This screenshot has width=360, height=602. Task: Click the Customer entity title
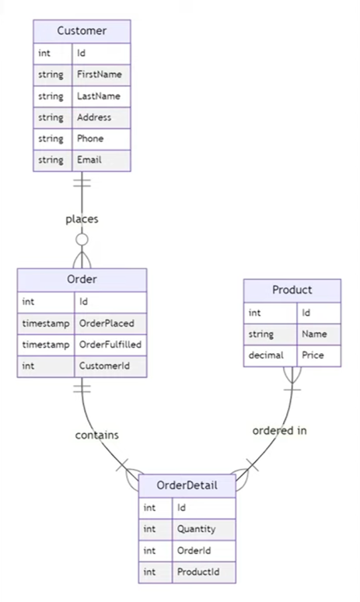click(82, 30)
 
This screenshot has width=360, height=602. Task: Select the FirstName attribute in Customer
click(100, 74)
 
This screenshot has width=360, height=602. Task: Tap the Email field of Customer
click(89, 159)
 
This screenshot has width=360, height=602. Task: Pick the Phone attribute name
click(90, 138)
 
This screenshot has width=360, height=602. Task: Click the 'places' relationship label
click(82, 219)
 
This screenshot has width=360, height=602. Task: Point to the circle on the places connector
click(82, 240)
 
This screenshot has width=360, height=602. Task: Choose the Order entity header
click(82, 279)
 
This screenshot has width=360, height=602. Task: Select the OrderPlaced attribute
click(107, 324)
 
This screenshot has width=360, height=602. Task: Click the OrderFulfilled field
click(110, 345)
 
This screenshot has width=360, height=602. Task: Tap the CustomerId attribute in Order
click(104, 366)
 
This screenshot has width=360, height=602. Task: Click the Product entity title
click(292, 290)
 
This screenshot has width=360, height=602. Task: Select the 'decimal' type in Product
click(266, 355)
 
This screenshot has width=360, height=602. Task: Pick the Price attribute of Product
click(313, 355)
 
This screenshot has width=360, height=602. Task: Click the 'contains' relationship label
click(96, 435)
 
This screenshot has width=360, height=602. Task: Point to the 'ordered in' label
click(279, 430)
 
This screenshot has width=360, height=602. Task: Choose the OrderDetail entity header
click(187, 485)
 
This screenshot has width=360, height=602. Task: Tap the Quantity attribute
click(196, 529)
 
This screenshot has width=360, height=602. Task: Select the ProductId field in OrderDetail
click(198, 572)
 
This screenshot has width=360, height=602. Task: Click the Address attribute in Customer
click(94, 117)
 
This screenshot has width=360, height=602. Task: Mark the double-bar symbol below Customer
click(82, 183)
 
